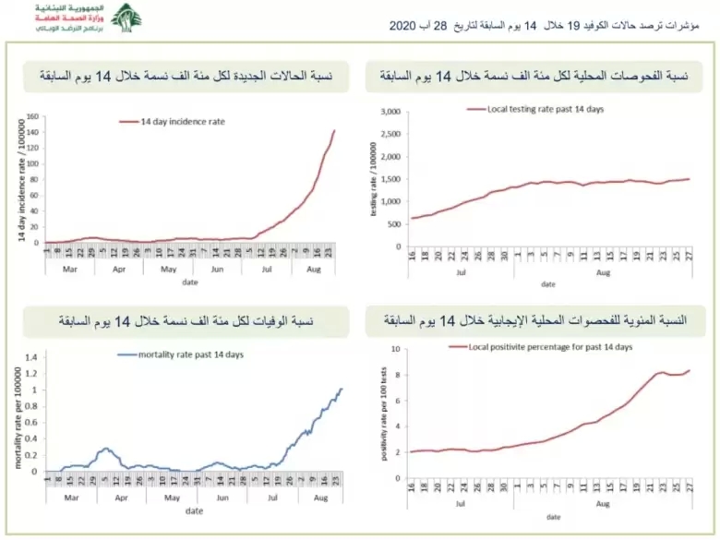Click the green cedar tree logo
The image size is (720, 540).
click(x=126, y=18)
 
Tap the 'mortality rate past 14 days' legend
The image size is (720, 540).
click(x=179, y=354)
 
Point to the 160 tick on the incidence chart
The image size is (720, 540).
click(x=31, y=117)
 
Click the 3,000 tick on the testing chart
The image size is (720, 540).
click(x=390, y=112)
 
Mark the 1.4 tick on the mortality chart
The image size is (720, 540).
click(x=30, y=357)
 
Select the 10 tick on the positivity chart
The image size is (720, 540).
click(x=393, y=349)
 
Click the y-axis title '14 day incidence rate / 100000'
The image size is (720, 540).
click(x=20, y=180)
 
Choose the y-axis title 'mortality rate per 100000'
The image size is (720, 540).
click(x=17, y=415)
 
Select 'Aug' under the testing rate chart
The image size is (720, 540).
click(x=602, y=272)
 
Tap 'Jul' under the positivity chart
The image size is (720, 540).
click(x=460, y=503)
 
